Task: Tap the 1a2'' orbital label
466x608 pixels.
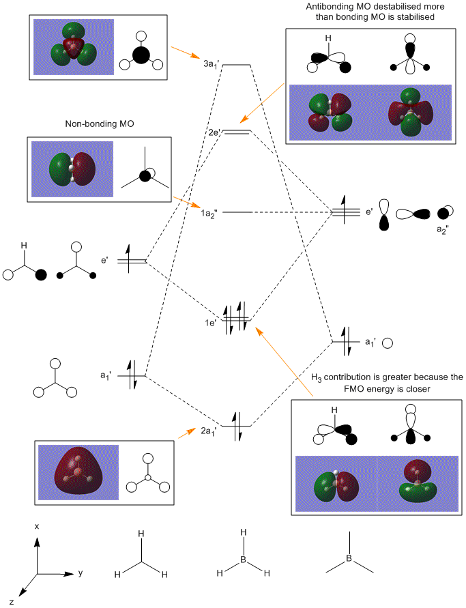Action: (212, 213)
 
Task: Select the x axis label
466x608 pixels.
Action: (37, 526)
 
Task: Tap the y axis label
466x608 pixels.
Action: (80, 573)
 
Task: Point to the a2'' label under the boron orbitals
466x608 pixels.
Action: (444, 229)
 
